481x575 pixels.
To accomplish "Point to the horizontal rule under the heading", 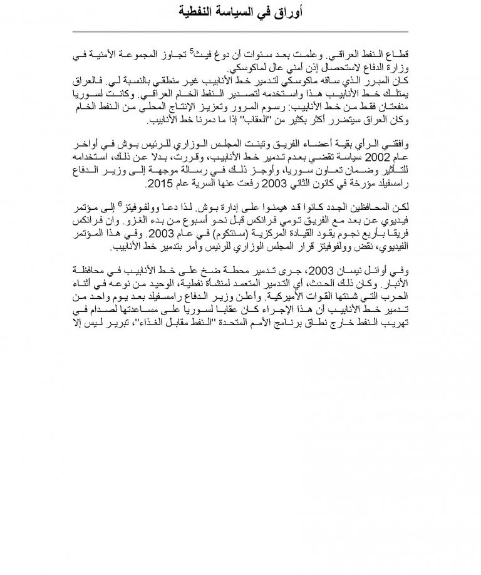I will pos(240,31).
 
